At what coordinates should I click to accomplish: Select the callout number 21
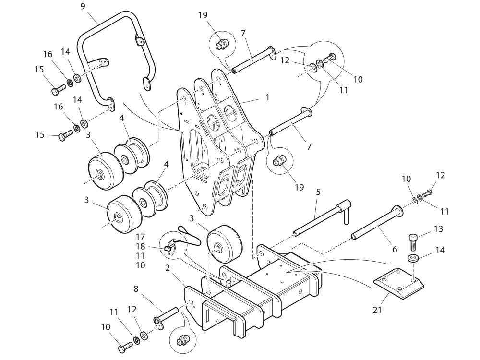pyautogui.click(x=377, y=310)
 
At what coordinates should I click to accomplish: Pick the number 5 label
pyautogui.click(x=318, y=192)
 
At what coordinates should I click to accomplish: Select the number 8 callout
pyautogui.click(x=136, y=289)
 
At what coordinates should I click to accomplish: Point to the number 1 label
pyautogui.click(x=267, y=97)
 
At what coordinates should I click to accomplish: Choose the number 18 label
pyautogui.click(x=141, y=246)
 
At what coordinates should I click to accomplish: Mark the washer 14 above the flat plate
pyautogui.click(x=412, y=259)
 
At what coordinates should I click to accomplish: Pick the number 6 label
pyautogui.click(x=395, y=250)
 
